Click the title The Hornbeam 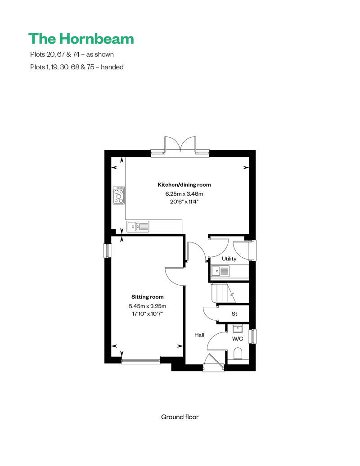click(x=81, y=39)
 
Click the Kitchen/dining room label click(x=184, y=184)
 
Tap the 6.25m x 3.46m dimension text click(x=184, y=194)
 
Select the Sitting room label click(x=148, y=296)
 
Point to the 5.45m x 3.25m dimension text click(x=148, y=306)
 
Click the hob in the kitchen click(x=119, y=195)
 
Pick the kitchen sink click(x=138, y=227)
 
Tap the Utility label click(x=229, y=259)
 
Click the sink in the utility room click(x=220, y=271)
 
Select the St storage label click(x=234, y=314)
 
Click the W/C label click(x=238, y=339)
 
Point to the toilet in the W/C click(x=238, y=354)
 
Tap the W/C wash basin click(x=238, y=329)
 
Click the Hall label click(x=199, y=335)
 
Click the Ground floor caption click(x=180, y=417)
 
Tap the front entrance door click(x=213, y=363)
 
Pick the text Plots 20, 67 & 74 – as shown click(x=72, y=54)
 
